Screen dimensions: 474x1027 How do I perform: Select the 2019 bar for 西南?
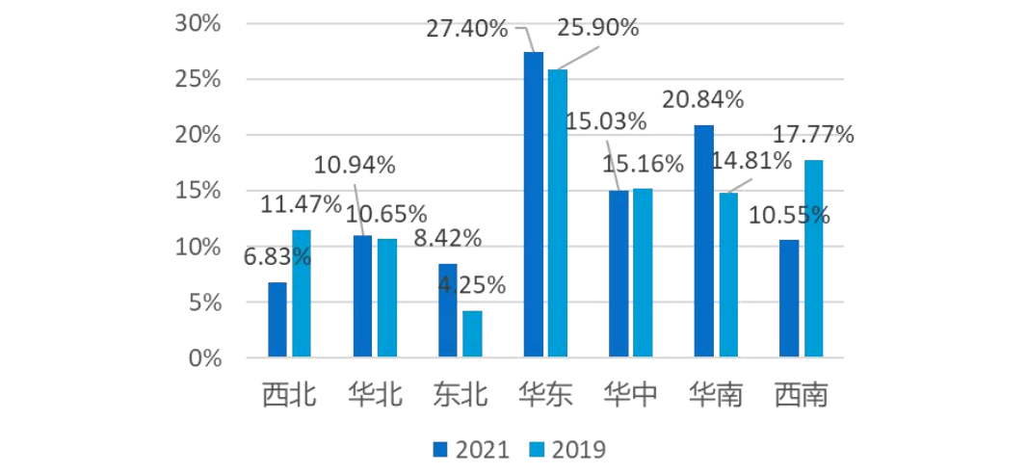pyautogui.click(x=814, y=259)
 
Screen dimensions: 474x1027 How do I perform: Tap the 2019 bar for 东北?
pyautogui.click(x=472, y=334)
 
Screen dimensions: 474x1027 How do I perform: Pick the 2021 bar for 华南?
pyautogui.click(x=704, y=242)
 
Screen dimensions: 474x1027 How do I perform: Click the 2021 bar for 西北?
pyautogui.click(x=277, y=320)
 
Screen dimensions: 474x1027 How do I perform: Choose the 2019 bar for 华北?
pyautogui.click(x=386, y=299)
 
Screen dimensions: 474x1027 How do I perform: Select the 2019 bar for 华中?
pyautogui.click(x=643, y=274)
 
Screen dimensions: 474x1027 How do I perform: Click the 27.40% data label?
pyautogui.click(x=466, y=29)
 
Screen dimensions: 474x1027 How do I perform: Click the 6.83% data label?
pyautogui.click(x=276, y=256)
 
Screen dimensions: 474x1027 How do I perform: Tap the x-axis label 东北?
pyautogui.click(x=460, y=395)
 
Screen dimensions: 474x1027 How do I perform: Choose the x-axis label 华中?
pyautogui.click(x=631, y=395)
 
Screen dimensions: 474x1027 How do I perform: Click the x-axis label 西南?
pyautogui.click(x=802, y=395)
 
